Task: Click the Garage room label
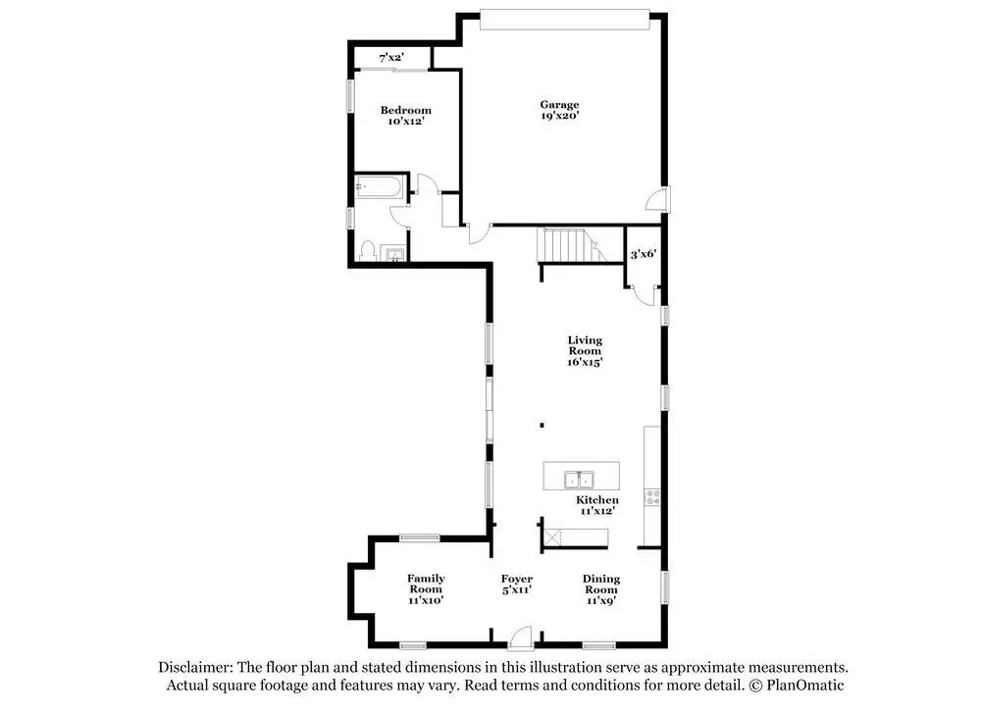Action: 559,110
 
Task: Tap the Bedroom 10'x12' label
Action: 405,116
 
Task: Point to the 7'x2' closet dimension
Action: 391,58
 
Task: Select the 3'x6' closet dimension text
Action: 643,255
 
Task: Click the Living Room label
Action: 585,351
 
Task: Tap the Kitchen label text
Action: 597,500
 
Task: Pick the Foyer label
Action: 517,580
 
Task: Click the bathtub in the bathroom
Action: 379,187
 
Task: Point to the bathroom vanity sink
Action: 394,254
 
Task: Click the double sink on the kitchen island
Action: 580,480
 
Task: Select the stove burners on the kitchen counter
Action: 652,498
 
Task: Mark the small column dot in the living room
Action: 542,426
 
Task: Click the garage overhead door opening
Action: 565,20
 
